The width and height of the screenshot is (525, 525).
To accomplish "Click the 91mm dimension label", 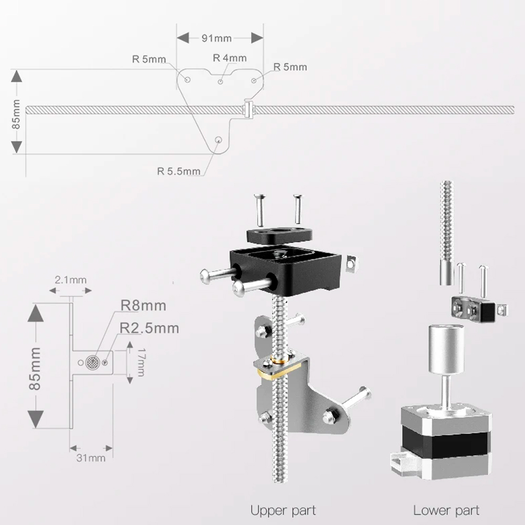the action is tap(217, 38).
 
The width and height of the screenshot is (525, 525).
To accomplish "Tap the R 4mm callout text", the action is tap(230, 58).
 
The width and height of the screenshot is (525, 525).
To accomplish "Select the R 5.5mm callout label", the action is tap(179, 172).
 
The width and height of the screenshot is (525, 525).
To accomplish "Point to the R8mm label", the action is tap(143, 306).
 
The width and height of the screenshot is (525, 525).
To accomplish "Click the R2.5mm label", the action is tap(149, 328).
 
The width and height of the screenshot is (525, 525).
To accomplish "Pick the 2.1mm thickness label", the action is tap(71, 280).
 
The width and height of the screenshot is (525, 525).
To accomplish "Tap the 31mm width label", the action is tap(91, 458).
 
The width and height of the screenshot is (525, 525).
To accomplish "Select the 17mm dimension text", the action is tap(141, 362).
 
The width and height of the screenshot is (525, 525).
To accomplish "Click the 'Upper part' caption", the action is tap(283, 511).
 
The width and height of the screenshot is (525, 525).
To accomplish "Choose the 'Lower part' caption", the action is tap(446, 511).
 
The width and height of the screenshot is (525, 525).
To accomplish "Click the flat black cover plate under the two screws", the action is tap(280, 235).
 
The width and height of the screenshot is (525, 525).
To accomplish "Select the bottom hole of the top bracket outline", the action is tap(218, 140).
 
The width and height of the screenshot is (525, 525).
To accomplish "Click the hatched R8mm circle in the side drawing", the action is tap(92, 362).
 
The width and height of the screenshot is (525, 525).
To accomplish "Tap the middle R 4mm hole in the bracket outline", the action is tap(220, 81).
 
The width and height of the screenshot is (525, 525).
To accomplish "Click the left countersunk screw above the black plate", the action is tap(259, 210).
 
